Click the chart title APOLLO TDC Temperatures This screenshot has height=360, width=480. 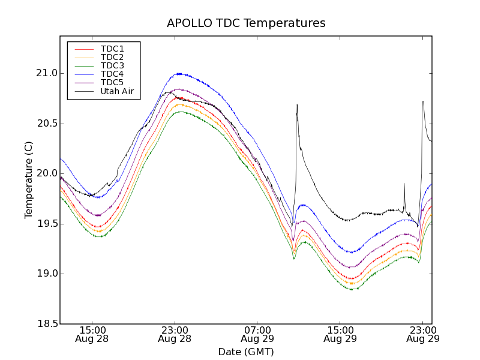pyautogui.click(x=246, y=23)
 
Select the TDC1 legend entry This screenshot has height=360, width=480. pyautogui.click(x=112, y=49)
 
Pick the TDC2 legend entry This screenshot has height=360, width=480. pyautogui.click(x=112, y=57)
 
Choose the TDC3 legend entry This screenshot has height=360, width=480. pyautogui.click(x=112, y=65)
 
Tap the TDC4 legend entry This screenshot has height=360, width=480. pyautogui.click(x=112, y=74)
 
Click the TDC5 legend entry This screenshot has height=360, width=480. pyautogui.click(x=112, y=82)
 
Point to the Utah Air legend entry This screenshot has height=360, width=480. pyautogui.click(x=117, y=91)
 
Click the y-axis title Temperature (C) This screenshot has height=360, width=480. pyautogui.click(x=29, y=180)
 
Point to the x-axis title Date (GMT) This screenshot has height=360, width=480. pyautogui.click(x=246, y=352)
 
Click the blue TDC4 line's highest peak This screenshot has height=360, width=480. pyautogui.click(x=179, y=74)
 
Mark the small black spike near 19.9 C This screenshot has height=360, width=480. pyautogui.click(x=404, y=184)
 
